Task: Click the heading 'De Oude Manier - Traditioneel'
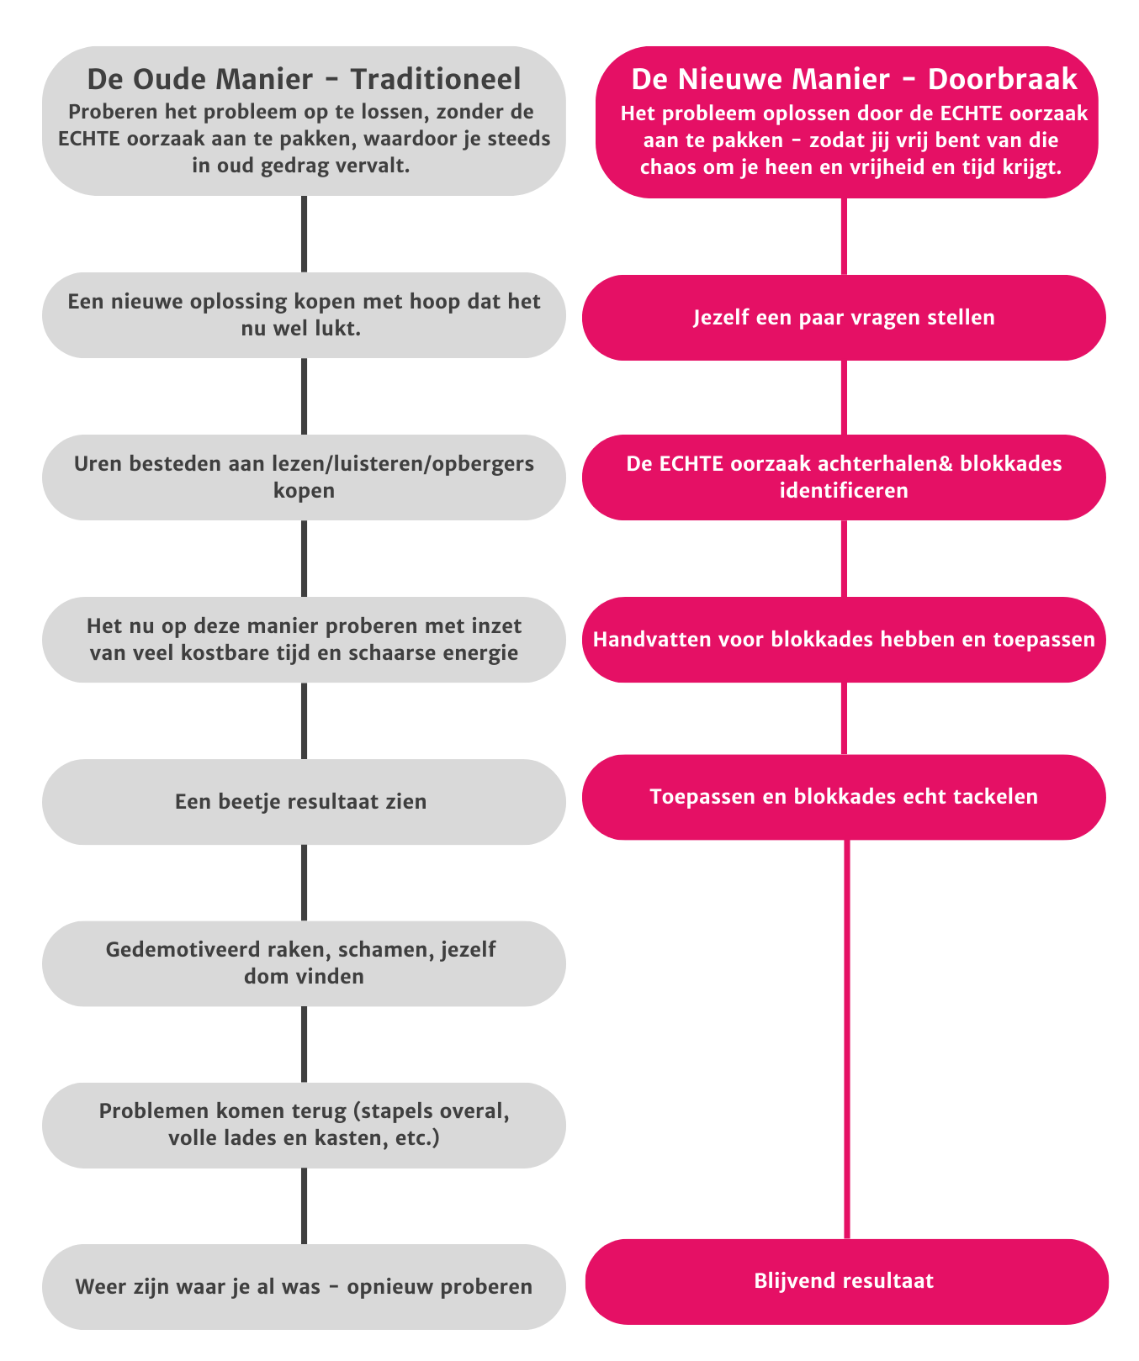point(304,80)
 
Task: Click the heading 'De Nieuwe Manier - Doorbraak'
point(854,80)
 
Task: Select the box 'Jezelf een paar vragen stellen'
point(844,318)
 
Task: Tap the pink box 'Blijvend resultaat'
point(846,1281)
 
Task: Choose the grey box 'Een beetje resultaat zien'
point(304,802)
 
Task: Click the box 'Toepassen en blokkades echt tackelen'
point(844,797)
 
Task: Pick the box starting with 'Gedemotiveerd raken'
point(304,963)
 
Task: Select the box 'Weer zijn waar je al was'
point(304,1287)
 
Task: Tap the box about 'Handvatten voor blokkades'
point(844,640)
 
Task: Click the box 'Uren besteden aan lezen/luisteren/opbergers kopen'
point(304,477)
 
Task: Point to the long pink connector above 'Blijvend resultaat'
point(846,1039)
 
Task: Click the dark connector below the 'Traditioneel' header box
point(304,234)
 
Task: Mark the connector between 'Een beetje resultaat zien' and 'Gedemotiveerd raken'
point(304,883)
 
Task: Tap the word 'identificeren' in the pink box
point(844,491)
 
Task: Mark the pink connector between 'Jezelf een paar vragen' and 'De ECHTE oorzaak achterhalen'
point(844,398)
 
